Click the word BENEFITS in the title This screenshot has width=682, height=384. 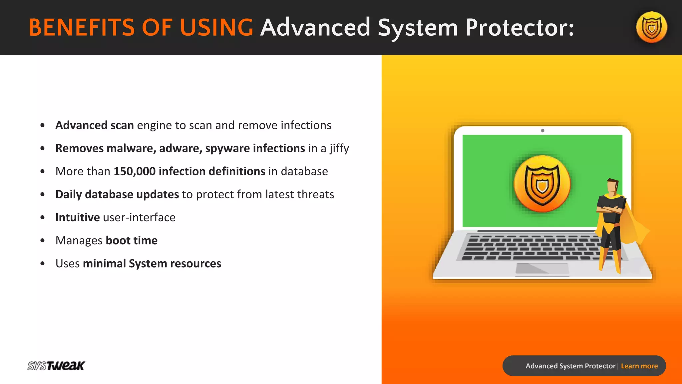pos(82,27)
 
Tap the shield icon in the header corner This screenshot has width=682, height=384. pos(651,27)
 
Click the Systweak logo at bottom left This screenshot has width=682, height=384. pos(56,366)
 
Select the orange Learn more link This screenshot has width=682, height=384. pos(639,366)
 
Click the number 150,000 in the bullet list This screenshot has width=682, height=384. pos(135,171)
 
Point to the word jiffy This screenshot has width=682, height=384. pos(339,148)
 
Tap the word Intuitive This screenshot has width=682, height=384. pos(78,217)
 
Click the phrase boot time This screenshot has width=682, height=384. pos(132,240)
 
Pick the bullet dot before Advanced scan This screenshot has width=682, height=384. pos(42,125)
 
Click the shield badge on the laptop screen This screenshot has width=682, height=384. pos(542,184)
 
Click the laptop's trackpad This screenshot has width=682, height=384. pos(542,269)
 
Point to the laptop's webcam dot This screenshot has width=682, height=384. pos(542,131)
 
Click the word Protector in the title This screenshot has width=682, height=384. pos(519,27)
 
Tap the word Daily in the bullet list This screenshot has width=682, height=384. pos(69,194)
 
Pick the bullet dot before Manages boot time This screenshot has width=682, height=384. pos(42,240)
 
